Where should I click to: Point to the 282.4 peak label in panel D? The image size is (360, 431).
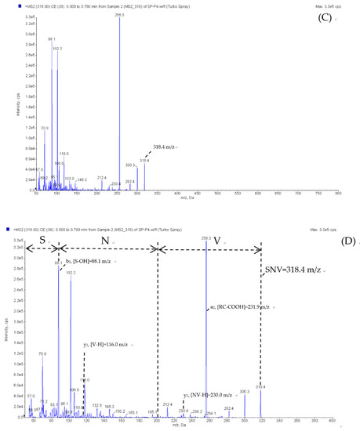coord(228,407)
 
